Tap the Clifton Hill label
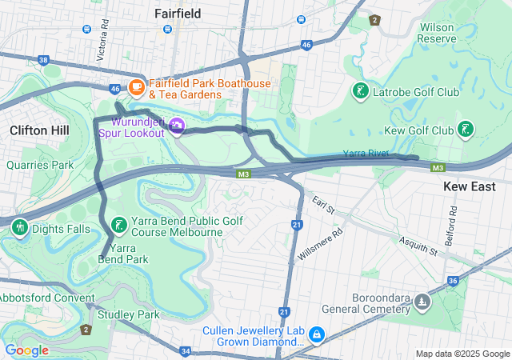[x=39, y=130]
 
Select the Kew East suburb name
[x=470, y=186]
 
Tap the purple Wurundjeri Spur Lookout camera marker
[x=177, y=126]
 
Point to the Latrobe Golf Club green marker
[x=360, y=92]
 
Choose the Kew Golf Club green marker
[x=465, y=130]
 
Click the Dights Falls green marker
[x=19, y=228]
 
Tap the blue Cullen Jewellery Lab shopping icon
[x=317, y=332]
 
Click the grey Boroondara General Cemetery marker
[x=422, y=302]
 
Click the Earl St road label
[x=323, y=205]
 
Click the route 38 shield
[x=43, y=60]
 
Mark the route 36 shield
[x=453, y=281]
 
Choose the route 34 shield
[x=186, y=350]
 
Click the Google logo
[x=26, y=350]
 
